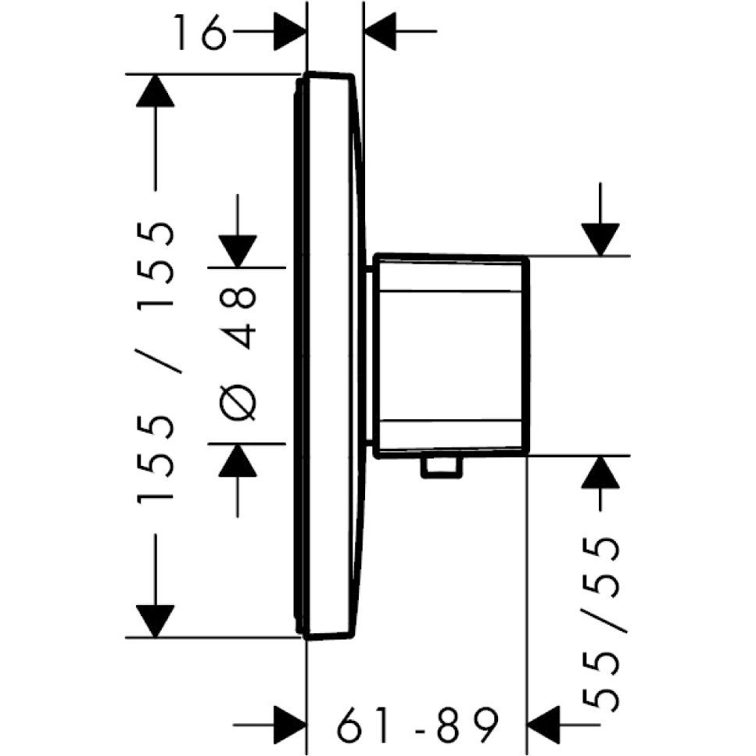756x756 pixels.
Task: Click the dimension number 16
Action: [201, 32]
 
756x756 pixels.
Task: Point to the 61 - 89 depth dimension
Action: [417, 725]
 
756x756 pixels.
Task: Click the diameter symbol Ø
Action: [237, 400]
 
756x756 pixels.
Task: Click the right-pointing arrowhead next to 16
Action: [290, 31]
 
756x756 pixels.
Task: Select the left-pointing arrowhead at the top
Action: [381, 31]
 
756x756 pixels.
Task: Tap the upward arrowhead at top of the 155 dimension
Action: [155, 91]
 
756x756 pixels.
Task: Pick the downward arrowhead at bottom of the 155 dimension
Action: [155, 621]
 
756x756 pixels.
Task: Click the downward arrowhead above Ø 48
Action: [237, 251]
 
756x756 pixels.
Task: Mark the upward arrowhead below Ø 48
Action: [237, 460]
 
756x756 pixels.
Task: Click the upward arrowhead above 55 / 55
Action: [600, 472]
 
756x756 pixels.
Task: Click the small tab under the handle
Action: [442, 468]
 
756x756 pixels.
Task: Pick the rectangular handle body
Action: [452, 356]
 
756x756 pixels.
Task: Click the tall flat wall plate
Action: [327, 356]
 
